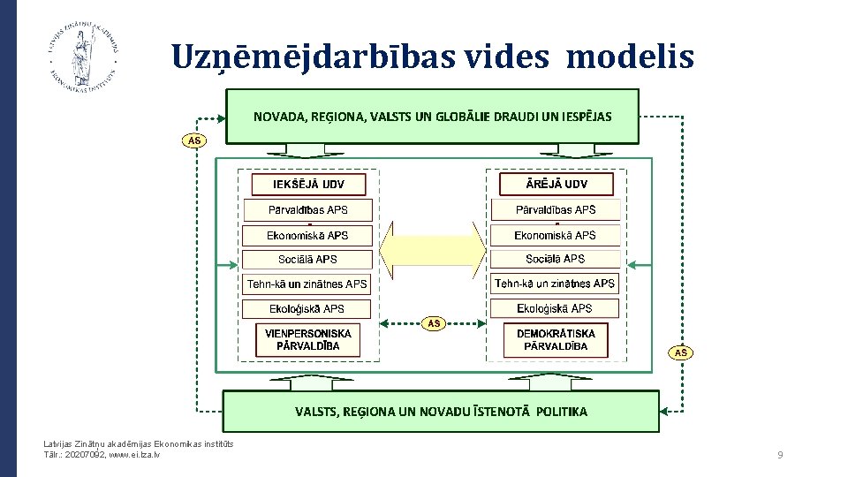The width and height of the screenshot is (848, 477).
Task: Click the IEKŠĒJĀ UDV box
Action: click(308, 185)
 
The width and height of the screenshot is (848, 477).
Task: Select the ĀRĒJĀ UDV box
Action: click(556, 185)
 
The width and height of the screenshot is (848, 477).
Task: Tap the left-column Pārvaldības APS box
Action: click(308, 210)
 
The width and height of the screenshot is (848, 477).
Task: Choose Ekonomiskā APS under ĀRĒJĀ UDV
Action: click(556, 235)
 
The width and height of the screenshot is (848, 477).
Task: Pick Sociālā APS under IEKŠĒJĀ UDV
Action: click(308, 260)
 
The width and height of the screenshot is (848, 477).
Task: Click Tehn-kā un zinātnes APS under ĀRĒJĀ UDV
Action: click(556, 284)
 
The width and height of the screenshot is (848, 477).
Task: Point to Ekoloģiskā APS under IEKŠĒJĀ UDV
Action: click(308, 308)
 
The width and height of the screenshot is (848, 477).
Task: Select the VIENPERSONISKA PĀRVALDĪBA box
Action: click(308, 340)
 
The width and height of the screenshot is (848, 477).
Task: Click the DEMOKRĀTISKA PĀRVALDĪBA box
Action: click(556, 340)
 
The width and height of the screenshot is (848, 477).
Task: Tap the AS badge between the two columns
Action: click(434, 323)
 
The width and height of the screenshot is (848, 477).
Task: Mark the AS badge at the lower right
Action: click(680, 353)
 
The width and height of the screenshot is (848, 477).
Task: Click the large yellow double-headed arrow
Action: click(433, 246)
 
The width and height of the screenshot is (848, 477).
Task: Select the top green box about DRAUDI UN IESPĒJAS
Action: click(432, 116)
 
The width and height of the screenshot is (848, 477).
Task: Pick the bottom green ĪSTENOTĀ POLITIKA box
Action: click(440, 412)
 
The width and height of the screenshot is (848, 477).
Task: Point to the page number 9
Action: click(780, 455)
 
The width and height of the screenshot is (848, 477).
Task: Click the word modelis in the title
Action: click(630, 58)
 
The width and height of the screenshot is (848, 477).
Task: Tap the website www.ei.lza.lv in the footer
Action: click(133, 454)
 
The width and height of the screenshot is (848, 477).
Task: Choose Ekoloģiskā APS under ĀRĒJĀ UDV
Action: click(556, 308)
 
